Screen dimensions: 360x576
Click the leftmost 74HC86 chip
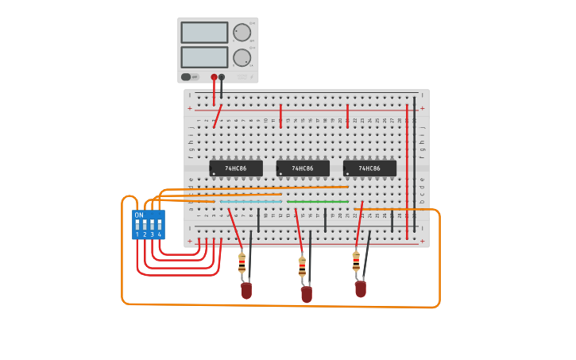tap(236, 168)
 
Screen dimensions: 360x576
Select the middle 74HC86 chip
tap(303, 168)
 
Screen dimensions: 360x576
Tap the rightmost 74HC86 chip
tap(369, 168)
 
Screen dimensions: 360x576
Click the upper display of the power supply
tap(204, 33)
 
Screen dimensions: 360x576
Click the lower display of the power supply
tap(204, 57)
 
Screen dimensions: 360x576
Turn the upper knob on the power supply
tap(242, 33)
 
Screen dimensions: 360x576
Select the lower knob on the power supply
tap(242, 57)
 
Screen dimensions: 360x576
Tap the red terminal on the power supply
tap(214, 77)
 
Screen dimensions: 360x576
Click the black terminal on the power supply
tap(222, 77)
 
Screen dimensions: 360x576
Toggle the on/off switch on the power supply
tap(186, 77)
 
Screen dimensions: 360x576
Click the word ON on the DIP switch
tap(139, 215)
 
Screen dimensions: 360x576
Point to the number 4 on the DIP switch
tap(160, 234)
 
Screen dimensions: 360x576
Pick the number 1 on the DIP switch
tap(137, 234)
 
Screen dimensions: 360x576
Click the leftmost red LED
tap(246, 291)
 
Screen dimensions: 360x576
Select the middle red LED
tap(307, 295)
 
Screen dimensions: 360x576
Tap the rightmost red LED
tap(361, 289)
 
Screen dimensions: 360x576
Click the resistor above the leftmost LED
tap(242, 264)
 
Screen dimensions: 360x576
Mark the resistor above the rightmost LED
tap(356, 261)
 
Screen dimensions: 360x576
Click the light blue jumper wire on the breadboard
tap(251, 201)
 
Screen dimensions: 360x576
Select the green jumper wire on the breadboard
tap(318, 201)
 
